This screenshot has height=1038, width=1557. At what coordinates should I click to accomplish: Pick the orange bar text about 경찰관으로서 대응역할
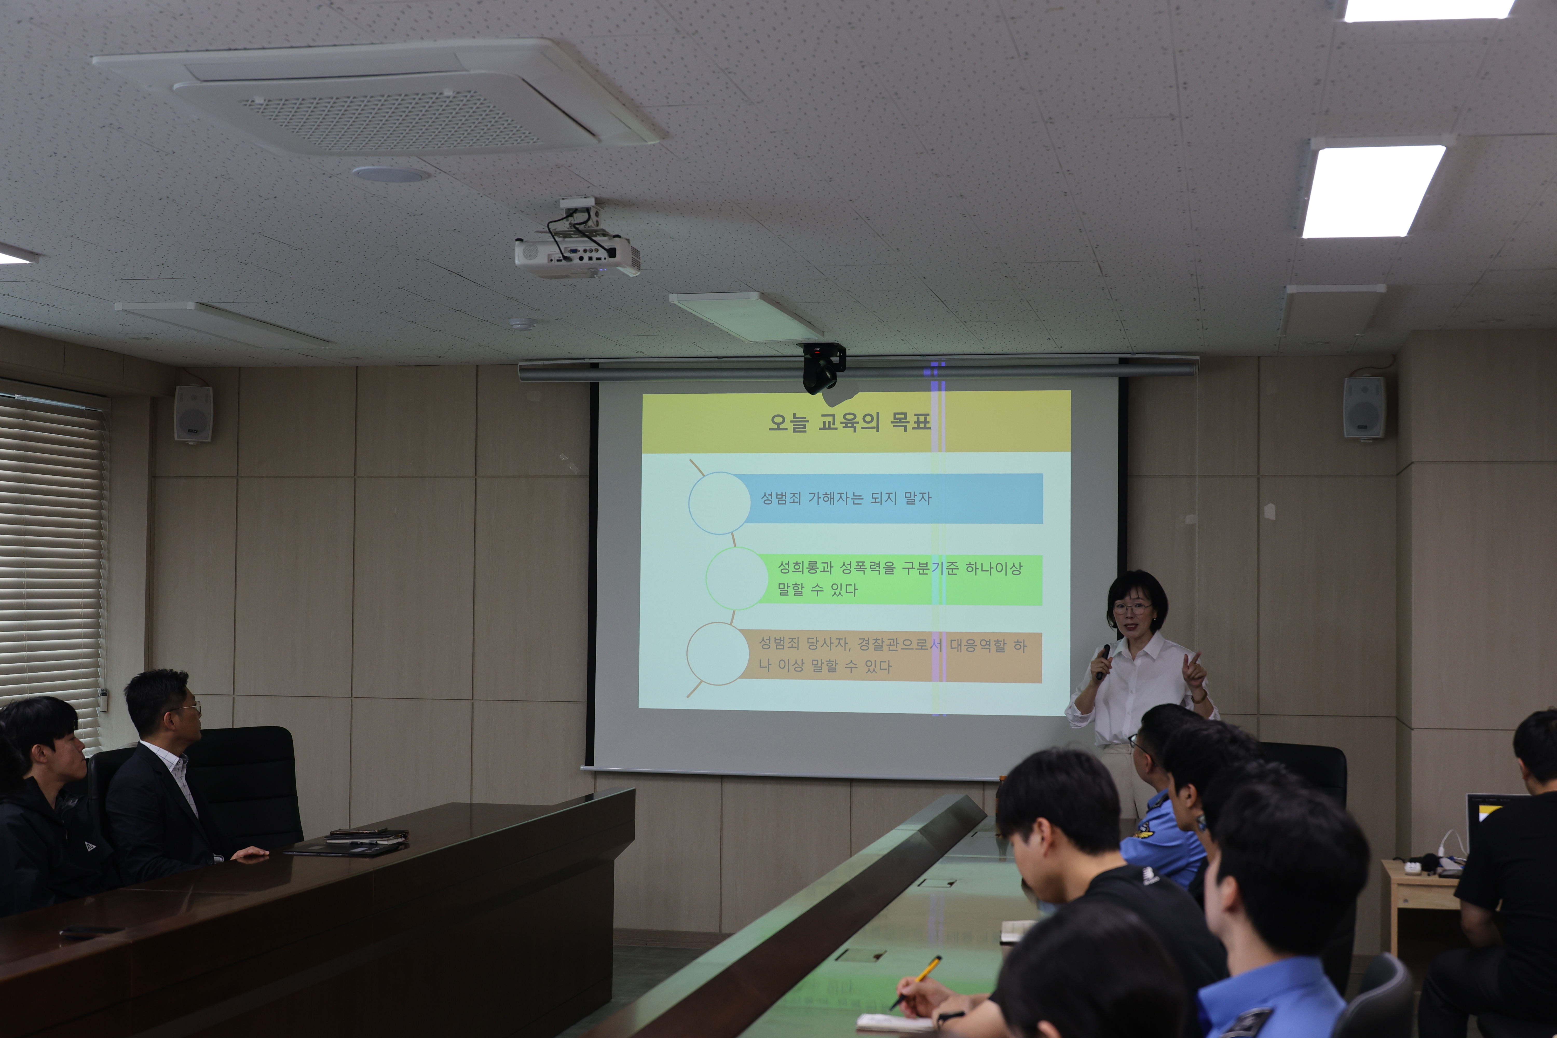coord(892,655)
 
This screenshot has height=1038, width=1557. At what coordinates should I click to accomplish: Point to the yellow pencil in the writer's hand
coord(916,982)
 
